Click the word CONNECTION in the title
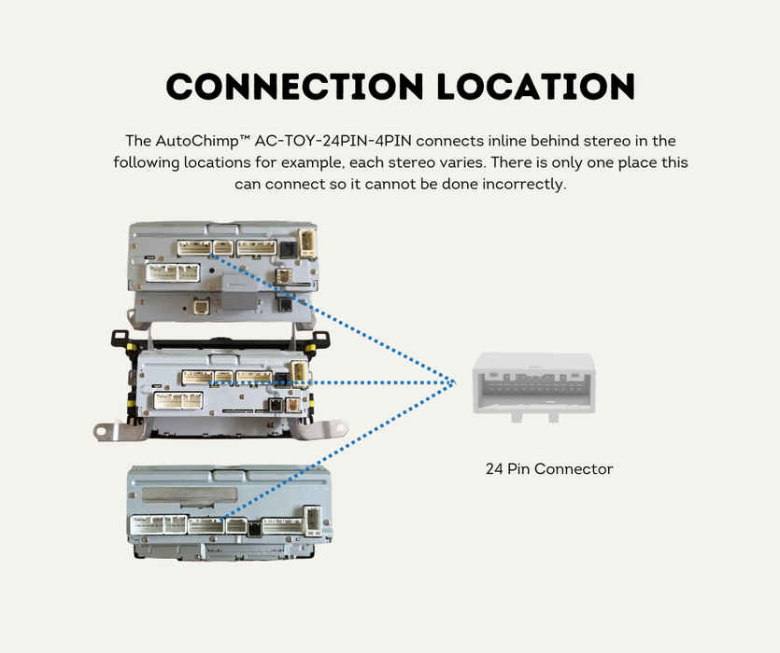coord(294,87)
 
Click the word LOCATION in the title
coord(536,87)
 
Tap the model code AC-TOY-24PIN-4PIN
coord(333,141)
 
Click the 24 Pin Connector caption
coord(549,468)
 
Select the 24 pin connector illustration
coord(533,387)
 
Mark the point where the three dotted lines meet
coord(454,382)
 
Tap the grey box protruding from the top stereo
coord(239,290)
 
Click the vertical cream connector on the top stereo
coord(307,243)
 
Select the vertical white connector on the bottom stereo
coord(313,521)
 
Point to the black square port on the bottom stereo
coord(254,529)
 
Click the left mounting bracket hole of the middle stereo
coord(101,431)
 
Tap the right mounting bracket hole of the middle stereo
coord(340,426)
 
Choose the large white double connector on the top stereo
coord(173,272)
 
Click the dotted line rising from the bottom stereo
coord(337,451)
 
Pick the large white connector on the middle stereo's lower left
coord(178,400)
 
